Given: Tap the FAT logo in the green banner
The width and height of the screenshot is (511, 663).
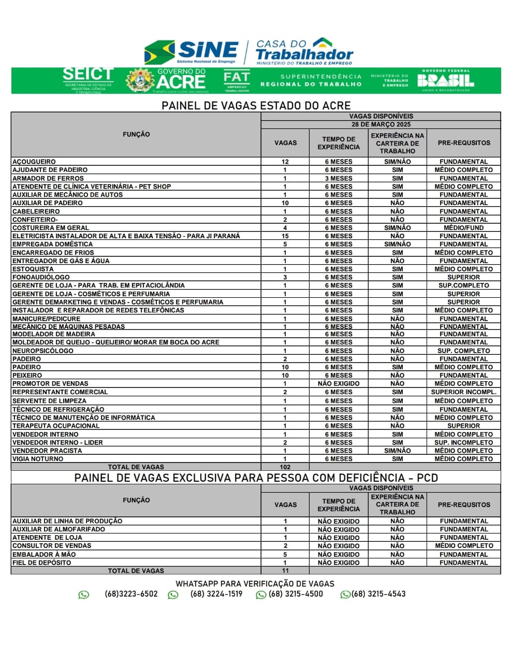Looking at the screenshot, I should click(237, 80).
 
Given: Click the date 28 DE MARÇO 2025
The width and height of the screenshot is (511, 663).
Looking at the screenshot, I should click(381, 124).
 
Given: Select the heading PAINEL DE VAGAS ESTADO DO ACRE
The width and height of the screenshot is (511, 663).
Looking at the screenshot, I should click(256, 106).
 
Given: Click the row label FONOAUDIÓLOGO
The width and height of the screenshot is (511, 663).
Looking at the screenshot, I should click(41, 277).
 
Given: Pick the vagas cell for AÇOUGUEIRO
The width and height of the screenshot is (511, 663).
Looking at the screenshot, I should click(285, 162).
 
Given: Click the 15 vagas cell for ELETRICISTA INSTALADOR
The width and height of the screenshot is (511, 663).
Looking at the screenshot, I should click(285, 236).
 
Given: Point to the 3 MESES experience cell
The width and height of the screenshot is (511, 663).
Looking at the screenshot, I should click(339, 178).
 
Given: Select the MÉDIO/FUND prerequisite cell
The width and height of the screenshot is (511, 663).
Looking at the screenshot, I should click(463, 227).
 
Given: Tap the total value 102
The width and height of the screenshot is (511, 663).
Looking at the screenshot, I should click(285, 467).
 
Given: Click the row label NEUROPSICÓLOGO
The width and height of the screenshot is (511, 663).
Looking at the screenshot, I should click(43, 351).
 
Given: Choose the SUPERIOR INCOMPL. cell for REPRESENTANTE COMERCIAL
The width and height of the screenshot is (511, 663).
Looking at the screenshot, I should click(463, 392).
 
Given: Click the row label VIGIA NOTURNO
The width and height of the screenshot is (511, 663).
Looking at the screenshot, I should click(38, 459).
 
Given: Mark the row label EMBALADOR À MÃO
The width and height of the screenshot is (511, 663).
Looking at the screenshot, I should click(44, 554).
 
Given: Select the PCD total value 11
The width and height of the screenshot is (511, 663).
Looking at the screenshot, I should click(285, 570).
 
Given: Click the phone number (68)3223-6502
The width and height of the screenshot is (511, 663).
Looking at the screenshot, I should click(131, 594).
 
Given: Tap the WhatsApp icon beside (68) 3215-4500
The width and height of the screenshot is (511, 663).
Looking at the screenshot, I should click(261, 595).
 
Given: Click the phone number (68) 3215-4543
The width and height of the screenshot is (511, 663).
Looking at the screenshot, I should click(378, 594).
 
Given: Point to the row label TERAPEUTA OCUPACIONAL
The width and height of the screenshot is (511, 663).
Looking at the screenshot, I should click(56, 426).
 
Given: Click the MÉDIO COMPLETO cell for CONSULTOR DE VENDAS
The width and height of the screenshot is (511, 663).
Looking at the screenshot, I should click(463, 545).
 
